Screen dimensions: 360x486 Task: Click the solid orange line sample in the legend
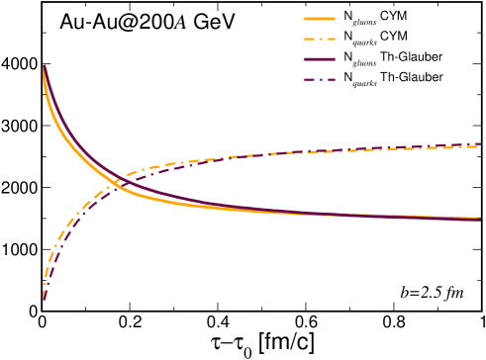click(x=320, y=17)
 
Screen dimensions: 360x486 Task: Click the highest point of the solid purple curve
click(x=44, y=65)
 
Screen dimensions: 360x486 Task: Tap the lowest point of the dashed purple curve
click(x=44, y=300)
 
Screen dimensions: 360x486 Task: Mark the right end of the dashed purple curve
click(x=480, y=144)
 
